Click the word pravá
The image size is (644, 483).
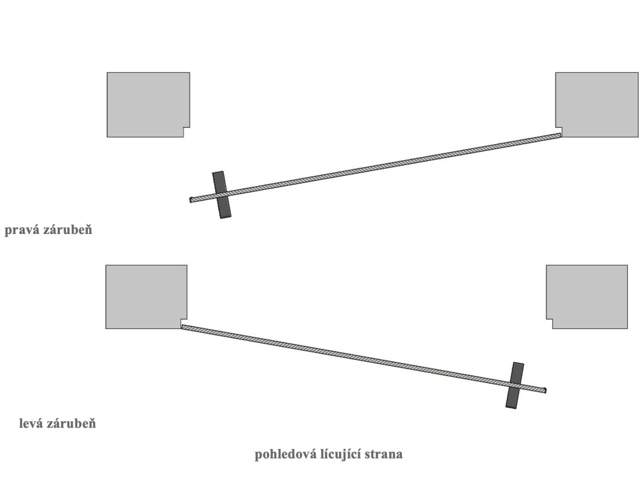(21, 230)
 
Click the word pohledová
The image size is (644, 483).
(284, 455)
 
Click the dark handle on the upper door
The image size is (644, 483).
(222, 194)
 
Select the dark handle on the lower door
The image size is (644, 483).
(515, 385)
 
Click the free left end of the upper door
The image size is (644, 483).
(192, 200)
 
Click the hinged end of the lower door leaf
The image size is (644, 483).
(184, 327)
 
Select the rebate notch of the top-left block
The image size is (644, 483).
(187, 132)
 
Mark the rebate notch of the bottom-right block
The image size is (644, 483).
(549, 324)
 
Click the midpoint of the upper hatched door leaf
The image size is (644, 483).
(375, 167)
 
